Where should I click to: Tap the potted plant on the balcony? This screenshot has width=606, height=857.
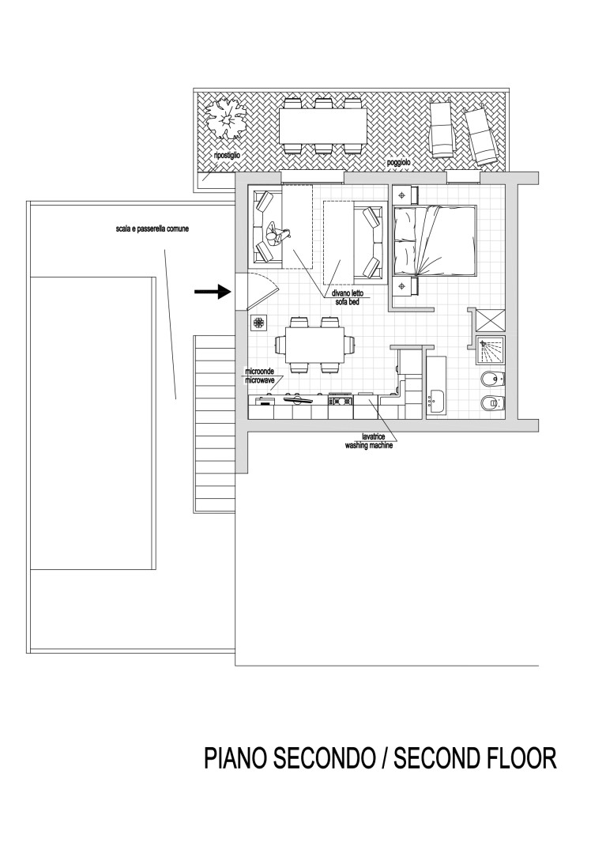[x=225, y=116]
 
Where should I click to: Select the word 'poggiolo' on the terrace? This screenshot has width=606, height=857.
[x=398, y=163]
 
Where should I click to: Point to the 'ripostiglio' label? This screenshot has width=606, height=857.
[x=227, y=155]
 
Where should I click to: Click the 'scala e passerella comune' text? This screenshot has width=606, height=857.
[x=152, y=229]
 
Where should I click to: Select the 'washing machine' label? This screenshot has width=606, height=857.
[x=369, y=445]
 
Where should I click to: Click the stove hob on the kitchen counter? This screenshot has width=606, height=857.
[x=341, y=401]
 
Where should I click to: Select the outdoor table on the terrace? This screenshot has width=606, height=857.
[x=322, y=125]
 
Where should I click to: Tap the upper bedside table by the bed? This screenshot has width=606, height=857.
[x=405, y=194]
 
